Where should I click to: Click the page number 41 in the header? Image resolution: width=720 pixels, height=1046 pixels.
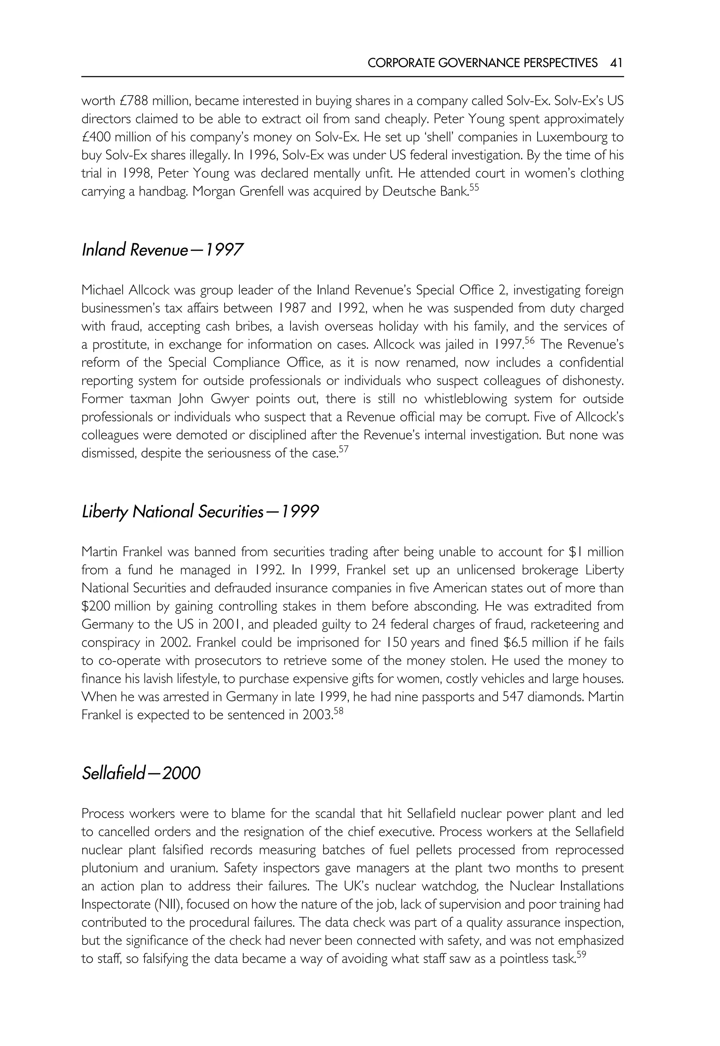[616, 63]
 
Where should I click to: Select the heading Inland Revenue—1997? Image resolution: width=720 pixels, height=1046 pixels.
[162, 250]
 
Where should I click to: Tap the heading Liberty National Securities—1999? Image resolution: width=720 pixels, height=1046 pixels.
[200, 512]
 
